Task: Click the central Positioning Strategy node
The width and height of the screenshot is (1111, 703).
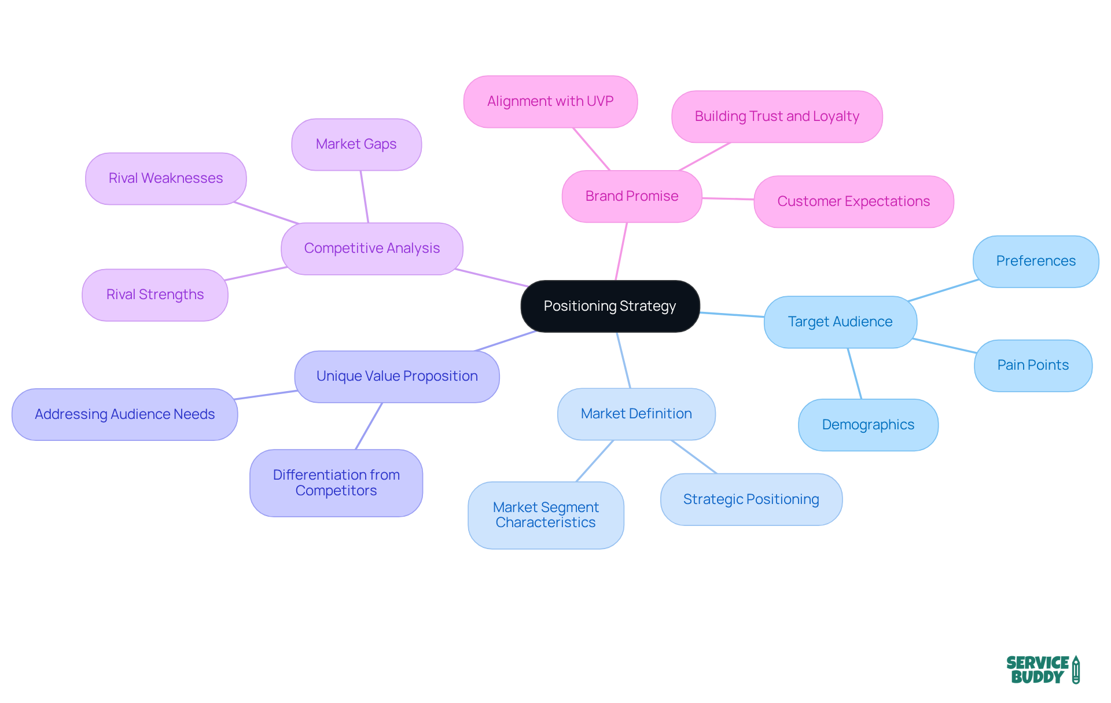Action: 610,306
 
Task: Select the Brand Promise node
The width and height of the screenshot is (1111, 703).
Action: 632,196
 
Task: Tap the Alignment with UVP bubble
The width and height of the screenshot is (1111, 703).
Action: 550,101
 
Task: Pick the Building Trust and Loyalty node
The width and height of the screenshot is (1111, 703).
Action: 777,116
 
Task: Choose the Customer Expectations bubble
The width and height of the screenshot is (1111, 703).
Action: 854,201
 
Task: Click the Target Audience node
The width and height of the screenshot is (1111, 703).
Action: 840,322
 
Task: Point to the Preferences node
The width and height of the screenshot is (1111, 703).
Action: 1036,261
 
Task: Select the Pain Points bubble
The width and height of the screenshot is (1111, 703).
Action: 1033,365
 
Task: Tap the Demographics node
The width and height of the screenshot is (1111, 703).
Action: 868,425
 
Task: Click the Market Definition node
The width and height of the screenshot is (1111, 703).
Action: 636,414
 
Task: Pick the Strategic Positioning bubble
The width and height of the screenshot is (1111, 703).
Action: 751,499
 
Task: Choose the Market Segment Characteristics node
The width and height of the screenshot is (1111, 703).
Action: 546,515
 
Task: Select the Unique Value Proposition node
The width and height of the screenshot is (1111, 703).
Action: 397,376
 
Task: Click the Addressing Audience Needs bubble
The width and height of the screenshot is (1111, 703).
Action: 124,414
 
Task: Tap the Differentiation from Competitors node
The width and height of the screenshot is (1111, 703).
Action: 336,483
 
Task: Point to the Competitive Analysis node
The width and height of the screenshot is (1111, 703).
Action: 372,248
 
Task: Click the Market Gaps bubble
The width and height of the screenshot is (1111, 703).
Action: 356,144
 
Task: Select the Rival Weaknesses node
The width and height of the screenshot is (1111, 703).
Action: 165,178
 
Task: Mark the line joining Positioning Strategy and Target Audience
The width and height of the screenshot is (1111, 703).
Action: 732,315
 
